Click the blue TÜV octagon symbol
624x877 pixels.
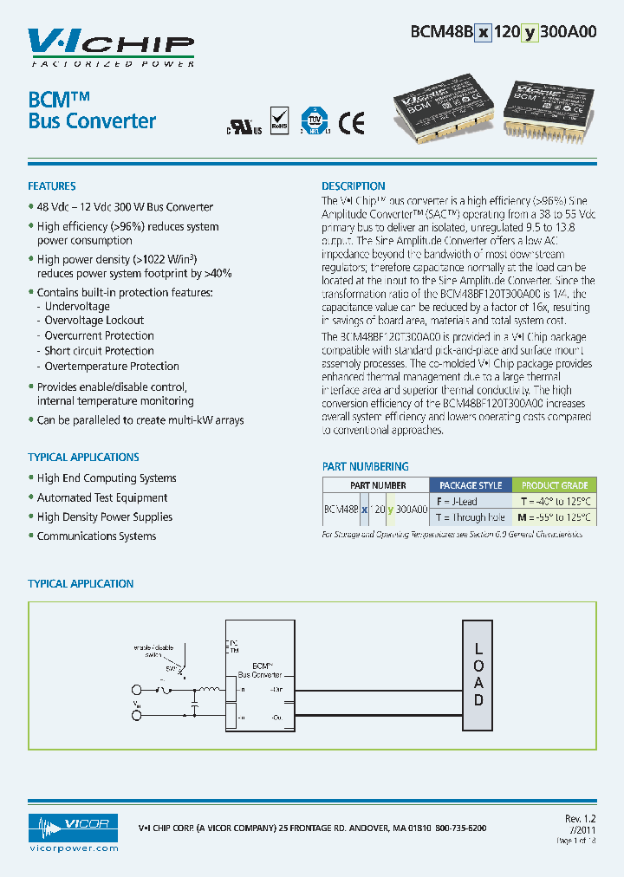312,121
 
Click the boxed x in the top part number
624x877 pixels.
483,33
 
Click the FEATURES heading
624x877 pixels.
52,186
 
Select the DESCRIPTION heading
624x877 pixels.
354,186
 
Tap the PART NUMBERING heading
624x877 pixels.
365,466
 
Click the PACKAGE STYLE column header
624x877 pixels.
471,485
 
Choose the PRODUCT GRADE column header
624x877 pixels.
555,485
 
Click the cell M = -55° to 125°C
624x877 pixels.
555,517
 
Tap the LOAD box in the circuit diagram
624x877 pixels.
478,675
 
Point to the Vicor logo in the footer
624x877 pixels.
73,828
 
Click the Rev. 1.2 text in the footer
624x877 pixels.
580,819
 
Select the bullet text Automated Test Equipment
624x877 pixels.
102,497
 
